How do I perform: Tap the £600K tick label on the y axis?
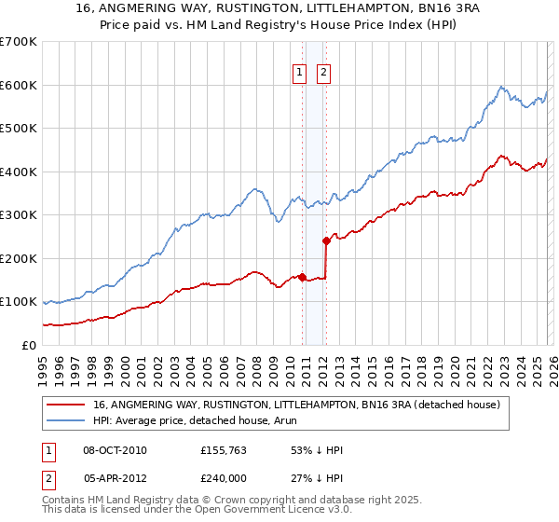click(x=18, y=85)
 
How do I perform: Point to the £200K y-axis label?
click(x=18, y=258)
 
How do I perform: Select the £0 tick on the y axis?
click(x=29, y=345)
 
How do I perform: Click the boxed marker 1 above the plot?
click(x=300, y=73)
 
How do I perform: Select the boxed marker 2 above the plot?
click(x=323, y=73)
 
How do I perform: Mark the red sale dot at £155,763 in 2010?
click(x=302, y=278)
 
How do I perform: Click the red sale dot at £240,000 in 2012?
click(x=326, y=240)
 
